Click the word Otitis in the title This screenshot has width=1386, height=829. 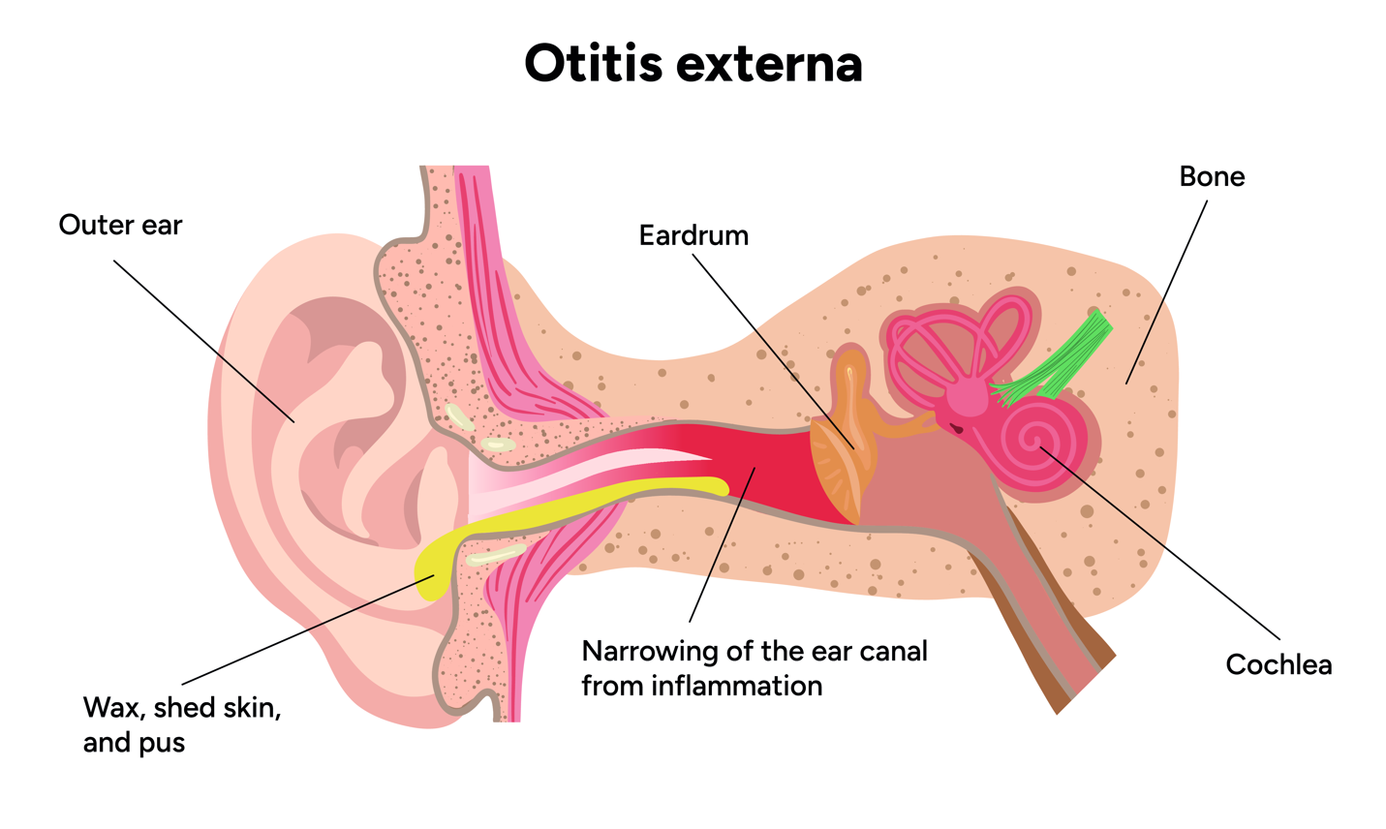click(x=593, y=64)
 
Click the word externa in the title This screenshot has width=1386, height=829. click(x=768, y=64)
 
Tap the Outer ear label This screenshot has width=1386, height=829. click(x=120, y=225)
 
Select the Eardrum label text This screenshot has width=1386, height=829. click(x=693, y=235)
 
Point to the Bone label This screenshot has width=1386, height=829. click(x=1212, y=176)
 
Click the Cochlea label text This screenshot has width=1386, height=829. click(x=1278, y=664)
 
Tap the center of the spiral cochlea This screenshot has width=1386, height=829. click(x=1034, y=442)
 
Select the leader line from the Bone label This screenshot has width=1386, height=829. click(x=1167, y=291)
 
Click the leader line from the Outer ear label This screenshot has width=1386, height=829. click(x=203, y=339)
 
